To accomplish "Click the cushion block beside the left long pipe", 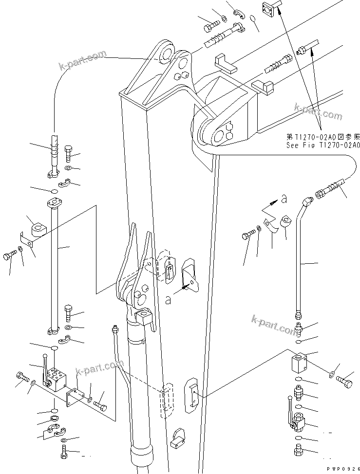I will [38, 228].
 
